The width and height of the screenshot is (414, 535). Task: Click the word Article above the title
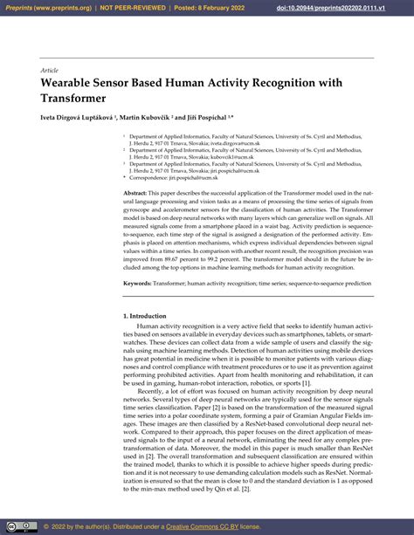pyautogui.click(x=49, y=69)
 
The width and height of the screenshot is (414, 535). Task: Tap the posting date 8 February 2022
pyautogui.click(x=217, y=7)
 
